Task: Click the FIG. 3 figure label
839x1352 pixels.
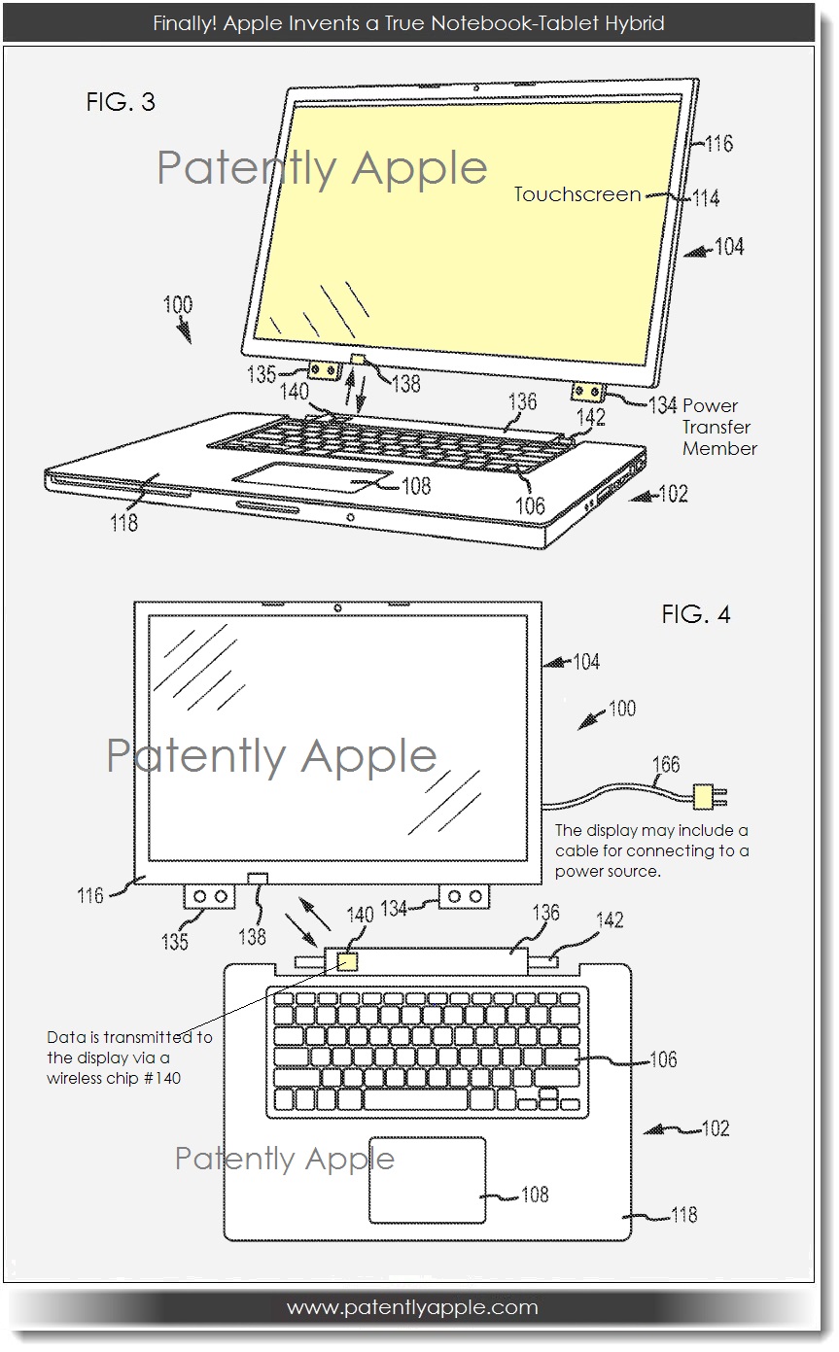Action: pyautogui.click(x=121, y=102)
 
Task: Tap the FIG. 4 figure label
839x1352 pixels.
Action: pyautogui.click(x=696, y=614)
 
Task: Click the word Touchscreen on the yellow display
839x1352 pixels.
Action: pyautogui.click(x=577, y=194)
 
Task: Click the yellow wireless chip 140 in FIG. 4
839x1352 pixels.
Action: pyautogui.click(x=346, y=961)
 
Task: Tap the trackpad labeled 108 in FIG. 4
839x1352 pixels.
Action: pyautogui.click(x=428, y=1180)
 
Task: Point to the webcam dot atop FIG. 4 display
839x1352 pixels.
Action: pyautogui.click(x=337, y=608)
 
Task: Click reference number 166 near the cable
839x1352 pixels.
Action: pyautogui.click(x=666, y=764)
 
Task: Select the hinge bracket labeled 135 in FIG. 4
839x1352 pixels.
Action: pyautogui.click(x=209, y=896)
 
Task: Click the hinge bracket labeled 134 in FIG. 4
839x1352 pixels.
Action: pyautogui.click(x=464, y=896)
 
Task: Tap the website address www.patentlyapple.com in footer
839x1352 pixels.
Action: pyautogui.click(x=412, y=1307)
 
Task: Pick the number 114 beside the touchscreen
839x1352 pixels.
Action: pyautogui.click(x=706, y=198)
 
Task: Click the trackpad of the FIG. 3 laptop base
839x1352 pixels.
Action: pyautogui.click(x=313, y=477)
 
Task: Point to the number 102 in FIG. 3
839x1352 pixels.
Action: pyautogui.click(x=674, y=495)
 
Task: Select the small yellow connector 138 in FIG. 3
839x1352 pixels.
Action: pyautogui.click(x=358, y=360)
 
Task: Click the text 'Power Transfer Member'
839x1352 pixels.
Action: pyautogui.click(x=719, y=427)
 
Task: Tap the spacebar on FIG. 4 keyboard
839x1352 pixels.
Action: pyautogui.click(x=415, y=1100)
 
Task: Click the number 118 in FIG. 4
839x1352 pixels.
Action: pyautogui.click(x=683, y=1214)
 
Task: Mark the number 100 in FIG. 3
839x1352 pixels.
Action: pyautogui.click(x=178, y=304)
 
